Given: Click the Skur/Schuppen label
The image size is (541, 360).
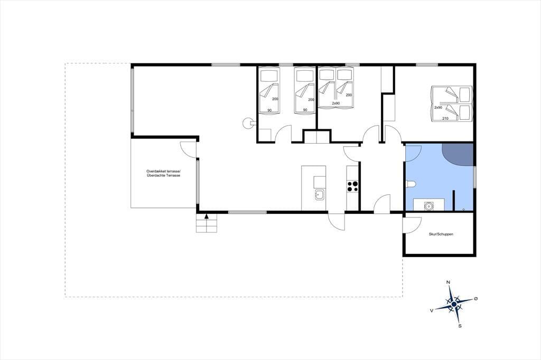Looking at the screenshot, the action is pyautogui.click(x=441, y=234).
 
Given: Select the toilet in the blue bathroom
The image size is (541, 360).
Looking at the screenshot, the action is pyautogui.click(x=411, y=184).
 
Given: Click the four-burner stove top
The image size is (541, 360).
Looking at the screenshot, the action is pyautogui.click(x=352, y=186).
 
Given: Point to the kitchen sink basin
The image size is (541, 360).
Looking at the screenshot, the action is pyautogui.click(x=319, y=195).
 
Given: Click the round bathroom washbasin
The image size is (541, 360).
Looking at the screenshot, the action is pyautogui.click(x=428, y=206).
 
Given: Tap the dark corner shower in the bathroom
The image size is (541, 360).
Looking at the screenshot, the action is pyautogui.click(x=458, y=154).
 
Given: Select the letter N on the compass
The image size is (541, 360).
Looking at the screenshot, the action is pyautogui.click(x=448, y=282).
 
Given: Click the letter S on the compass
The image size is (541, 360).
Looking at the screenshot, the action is pyautogui.click(x=460, y=326).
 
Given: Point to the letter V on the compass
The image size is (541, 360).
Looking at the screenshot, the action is pyautogui.click(x=431, y=311).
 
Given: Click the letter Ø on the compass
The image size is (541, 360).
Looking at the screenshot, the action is pyautogui.click(x=476, y=298).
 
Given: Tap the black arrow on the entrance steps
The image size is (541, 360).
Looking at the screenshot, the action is pyautogui.click(x=207, y=216).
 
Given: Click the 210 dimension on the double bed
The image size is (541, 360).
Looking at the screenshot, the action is pyautogui.click(x=445, y=119).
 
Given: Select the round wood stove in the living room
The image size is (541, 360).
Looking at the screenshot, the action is pyautogui.click(x=247, y=123).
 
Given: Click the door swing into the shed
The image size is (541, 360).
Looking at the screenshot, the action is pyautogui.click(x=412, y=225).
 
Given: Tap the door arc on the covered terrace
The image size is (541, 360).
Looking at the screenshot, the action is pyautogui.click(x=188, y=150).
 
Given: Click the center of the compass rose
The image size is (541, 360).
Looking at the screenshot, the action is pyautogui.click(x=454, y=304).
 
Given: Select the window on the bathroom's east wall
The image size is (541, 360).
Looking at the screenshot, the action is pyautogui.click(x=475, y=177).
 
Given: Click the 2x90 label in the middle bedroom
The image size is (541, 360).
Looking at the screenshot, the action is pyautogui.click(x=335, y=103).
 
